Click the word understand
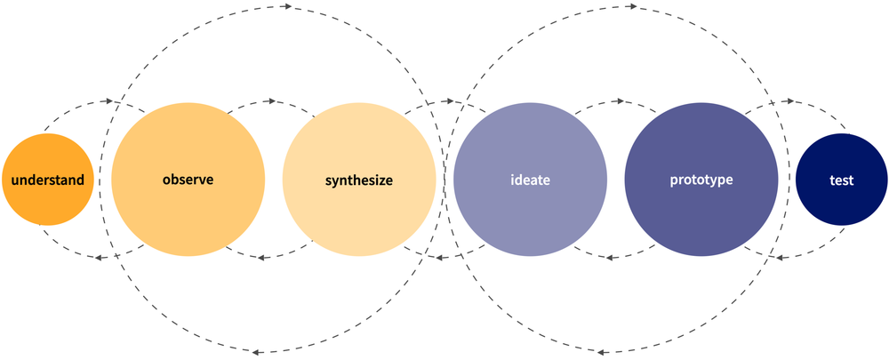click(x=46, y=180)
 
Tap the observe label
click(x=188, y=179)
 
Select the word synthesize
click(x=359, y=180)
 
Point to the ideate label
click(x=530, y=180)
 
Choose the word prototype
click(x=701, y=180)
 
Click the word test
click(x=841, y=180)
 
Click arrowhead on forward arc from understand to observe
click(x=109, y=102)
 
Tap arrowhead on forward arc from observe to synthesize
click(x=271, y=102)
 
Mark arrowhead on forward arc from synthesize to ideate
click(x=443, y=102)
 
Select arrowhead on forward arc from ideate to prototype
click(x=613, y=102)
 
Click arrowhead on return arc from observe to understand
click(x=100, y=258)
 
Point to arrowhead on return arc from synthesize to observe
click(x=262, y=258)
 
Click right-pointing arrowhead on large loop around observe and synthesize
click(x=286, y=7)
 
